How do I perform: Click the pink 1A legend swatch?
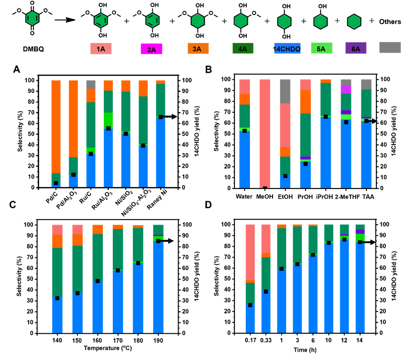tap(101, 49)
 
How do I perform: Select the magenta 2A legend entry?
tap(151, 49)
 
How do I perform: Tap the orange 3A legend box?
tap(198, 48)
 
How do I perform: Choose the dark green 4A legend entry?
tap(242, 48)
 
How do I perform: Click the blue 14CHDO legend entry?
tap(287, 48)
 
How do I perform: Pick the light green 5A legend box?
tap(321, 48)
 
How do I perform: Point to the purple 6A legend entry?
tap(356, 48)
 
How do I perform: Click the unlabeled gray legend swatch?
tap(390, 47)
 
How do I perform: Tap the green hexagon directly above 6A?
tap(354, 22)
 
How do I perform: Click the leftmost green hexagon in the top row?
tap(32, 18)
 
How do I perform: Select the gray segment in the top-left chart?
tap(91, 84)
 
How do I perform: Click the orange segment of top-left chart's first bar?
tap(56, 127)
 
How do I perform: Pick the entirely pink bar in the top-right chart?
tap(265, 132)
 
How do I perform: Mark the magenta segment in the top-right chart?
tap(346, 89)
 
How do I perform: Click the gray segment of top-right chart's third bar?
tap(285, 91)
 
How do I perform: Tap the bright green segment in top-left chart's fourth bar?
tap(108, 119)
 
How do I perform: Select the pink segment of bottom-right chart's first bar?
tap(250, 252)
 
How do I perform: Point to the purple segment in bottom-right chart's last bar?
tap(360, 232)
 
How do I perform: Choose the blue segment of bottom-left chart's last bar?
tap(158, 287)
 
